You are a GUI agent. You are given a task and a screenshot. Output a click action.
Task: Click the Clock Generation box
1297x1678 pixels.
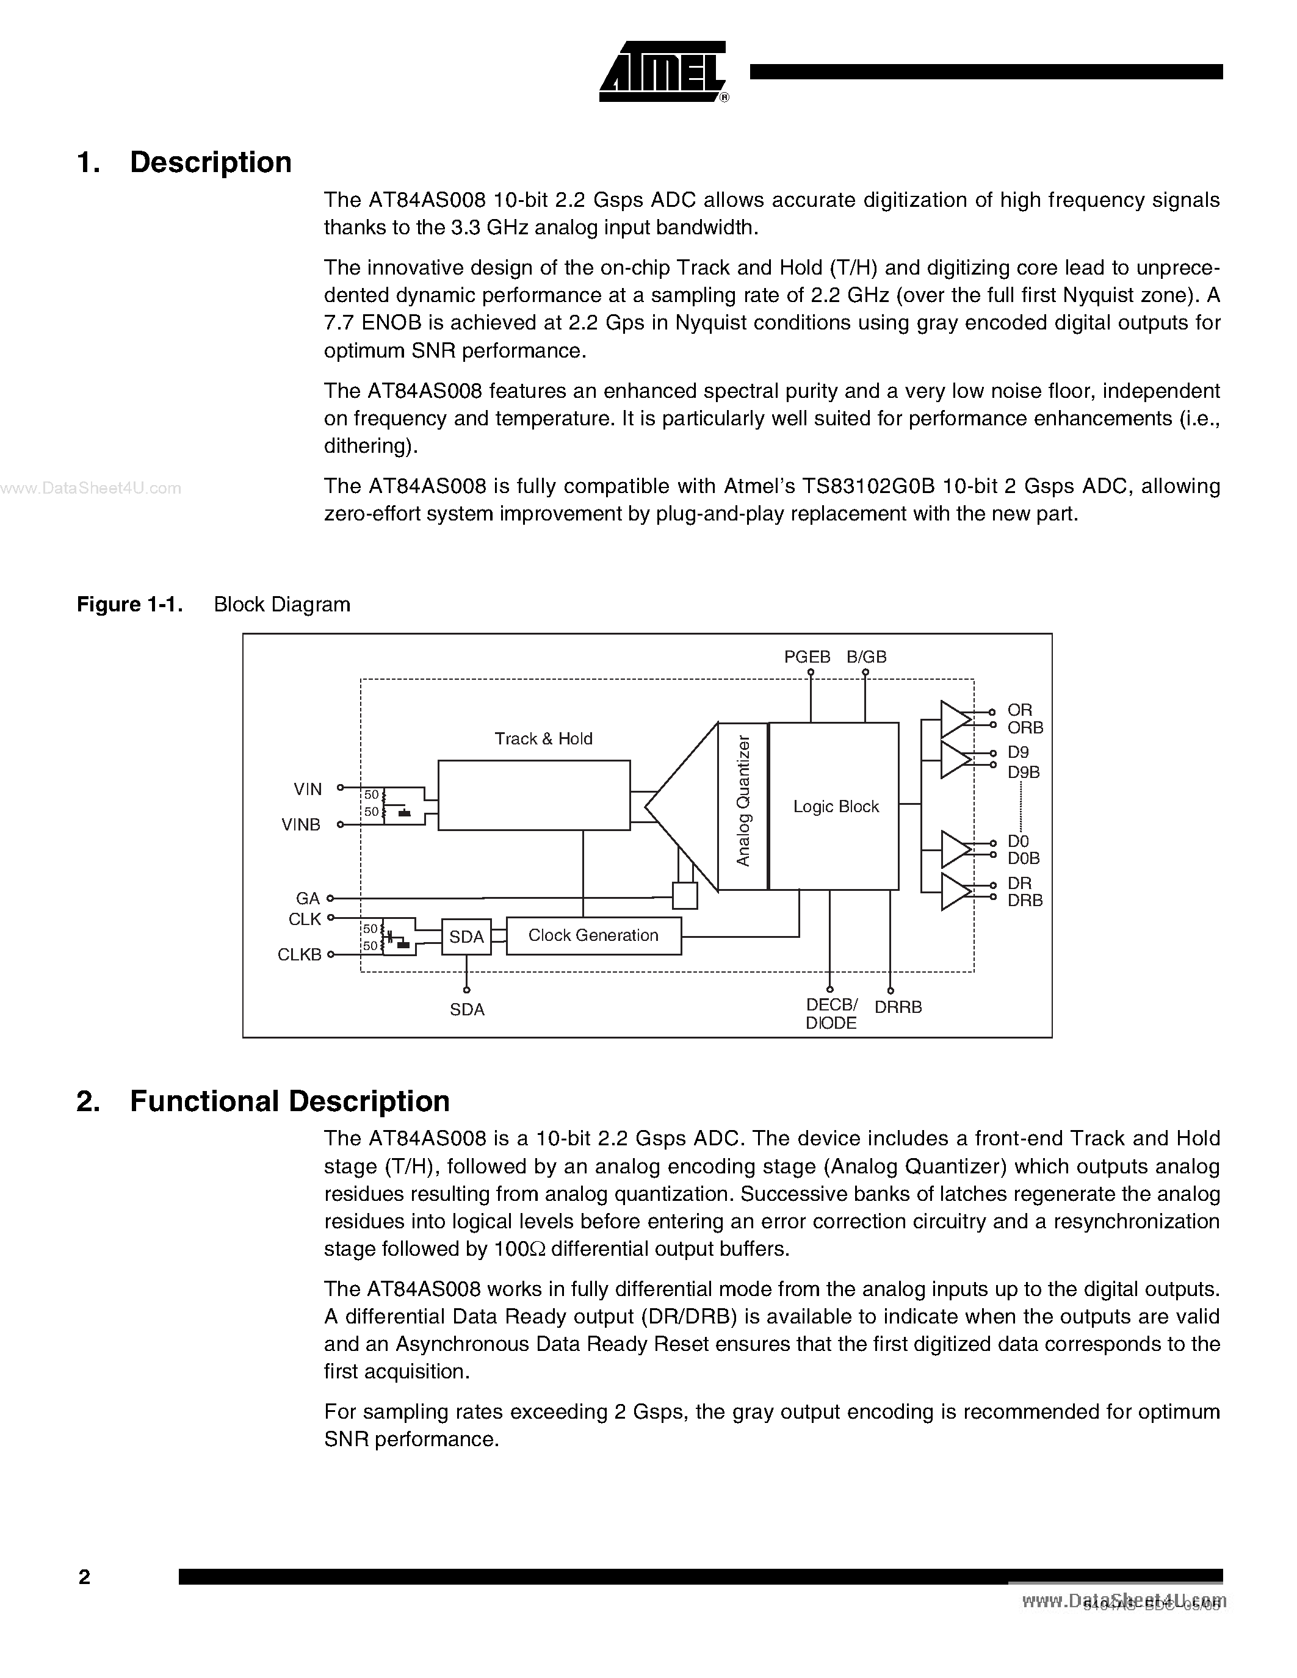[x=593, y=935]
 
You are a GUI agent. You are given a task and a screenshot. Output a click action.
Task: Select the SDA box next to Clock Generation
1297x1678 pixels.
[x=466, y=937]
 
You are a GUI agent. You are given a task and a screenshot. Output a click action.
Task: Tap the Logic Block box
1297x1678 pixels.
[x=834, y=806]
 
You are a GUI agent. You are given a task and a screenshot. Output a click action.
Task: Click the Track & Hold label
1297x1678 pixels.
[x=543, y=738]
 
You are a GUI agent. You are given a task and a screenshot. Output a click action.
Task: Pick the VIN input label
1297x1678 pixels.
[x=308, y=789]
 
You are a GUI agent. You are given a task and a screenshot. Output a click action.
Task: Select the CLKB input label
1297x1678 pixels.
[x=299, y=954]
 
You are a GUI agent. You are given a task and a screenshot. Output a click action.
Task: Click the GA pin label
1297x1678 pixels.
[x=308, y=898]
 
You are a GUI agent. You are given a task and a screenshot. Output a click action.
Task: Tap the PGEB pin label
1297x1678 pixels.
[x=807, y=657]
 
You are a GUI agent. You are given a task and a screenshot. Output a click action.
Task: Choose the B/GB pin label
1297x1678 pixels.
[x=867, y=657]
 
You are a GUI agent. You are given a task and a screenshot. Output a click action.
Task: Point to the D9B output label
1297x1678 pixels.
[x=1024, y=772]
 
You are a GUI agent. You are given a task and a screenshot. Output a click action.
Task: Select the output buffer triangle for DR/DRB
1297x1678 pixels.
[x=955, y=892]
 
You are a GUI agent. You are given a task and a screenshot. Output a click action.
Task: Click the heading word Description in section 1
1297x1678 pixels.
[x=211, y=162]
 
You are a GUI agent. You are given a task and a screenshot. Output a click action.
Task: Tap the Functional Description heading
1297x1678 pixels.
[x=290, y=1101]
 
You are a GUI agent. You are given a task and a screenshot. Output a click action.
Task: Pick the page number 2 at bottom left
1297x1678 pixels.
[x=84, y=1577]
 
